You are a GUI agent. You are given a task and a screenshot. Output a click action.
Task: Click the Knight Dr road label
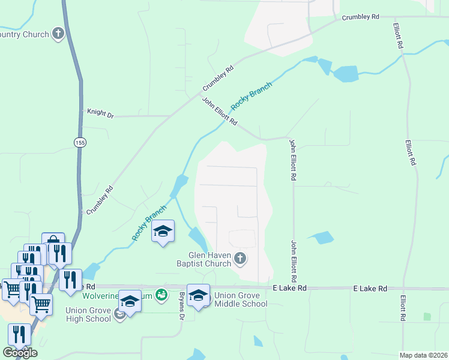(100, 112)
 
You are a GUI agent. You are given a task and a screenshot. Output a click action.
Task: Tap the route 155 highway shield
(80, 142)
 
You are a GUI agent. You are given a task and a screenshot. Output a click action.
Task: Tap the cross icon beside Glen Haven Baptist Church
(240, 259)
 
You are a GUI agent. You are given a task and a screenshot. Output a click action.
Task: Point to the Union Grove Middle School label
(241, 299)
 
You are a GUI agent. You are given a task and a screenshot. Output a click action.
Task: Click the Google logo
(20, 353)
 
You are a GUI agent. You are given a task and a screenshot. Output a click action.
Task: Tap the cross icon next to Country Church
(58, 34)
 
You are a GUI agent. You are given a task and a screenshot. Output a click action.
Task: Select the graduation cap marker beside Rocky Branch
(163, 231)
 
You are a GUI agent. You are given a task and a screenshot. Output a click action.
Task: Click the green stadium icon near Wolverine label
(161, 295)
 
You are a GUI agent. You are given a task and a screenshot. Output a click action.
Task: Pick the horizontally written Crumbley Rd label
(360, 17)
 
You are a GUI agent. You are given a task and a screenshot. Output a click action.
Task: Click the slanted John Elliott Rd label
(219, 112)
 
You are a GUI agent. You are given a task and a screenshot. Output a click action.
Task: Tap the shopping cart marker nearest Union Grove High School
(41, 304)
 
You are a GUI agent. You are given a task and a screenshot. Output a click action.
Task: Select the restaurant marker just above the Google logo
(19, 335)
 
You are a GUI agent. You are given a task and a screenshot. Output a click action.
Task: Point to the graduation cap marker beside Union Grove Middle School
(198, 295)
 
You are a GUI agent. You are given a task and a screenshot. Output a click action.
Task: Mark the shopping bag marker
(53, 244)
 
